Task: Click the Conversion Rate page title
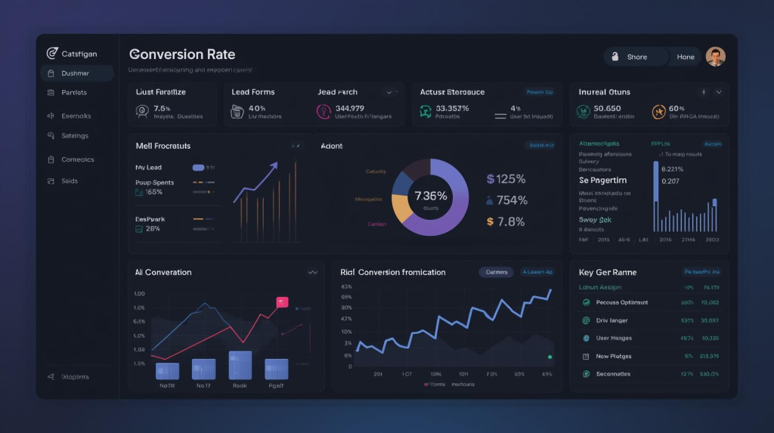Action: click(x=182, y=54)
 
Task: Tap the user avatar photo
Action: click(x=715, y=57)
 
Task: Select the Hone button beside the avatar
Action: click(x=686, y=57)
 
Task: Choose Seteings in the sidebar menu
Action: click(x=75, y=136)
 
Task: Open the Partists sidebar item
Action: click(x=74, y=92)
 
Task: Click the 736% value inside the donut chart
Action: click(x=430, y=196)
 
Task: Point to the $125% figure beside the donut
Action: click(x=506, y=179)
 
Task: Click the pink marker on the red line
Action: click(x=283, y=302)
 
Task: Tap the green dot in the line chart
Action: click(x=550, y=357)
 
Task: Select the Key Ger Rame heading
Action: click(x=608, y=272)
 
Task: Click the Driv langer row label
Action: click(x=611, y=320)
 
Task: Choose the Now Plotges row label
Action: click(x=613, y=356)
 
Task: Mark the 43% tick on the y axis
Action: click(x=347, y=287)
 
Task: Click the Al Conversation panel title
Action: click(x=163, y=272)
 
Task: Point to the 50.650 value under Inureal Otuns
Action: click(x=607, y=109)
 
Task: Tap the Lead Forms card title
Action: click(x=253, y=92)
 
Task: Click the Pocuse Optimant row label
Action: click(x=621, y=302)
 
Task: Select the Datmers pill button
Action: click(x=496, y=272)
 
